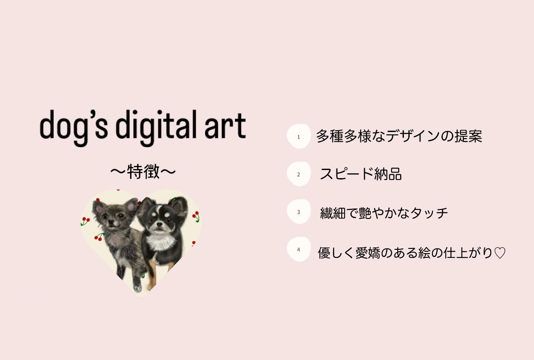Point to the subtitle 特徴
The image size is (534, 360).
pos(143,171)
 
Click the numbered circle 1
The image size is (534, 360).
pos(299,136)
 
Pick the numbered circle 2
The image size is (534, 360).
pos(299,174)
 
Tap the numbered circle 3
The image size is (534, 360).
pos(299,212)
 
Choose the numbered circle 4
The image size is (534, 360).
pos(299,249)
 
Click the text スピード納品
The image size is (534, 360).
pos(361,174)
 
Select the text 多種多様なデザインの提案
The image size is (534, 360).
pos(399,136)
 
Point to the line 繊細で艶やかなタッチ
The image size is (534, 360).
pos(384,213)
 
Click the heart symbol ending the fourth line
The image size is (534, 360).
pos(500,253)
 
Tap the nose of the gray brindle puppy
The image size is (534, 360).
pos(111,223)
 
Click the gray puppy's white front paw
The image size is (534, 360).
pos(137,288)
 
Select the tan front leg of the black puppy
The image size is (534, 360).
pos(152,277)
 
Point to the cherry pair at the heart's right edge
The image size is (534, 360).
pos(196,216)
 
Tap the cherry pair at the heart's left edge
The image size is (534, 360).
pos(85,221)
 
